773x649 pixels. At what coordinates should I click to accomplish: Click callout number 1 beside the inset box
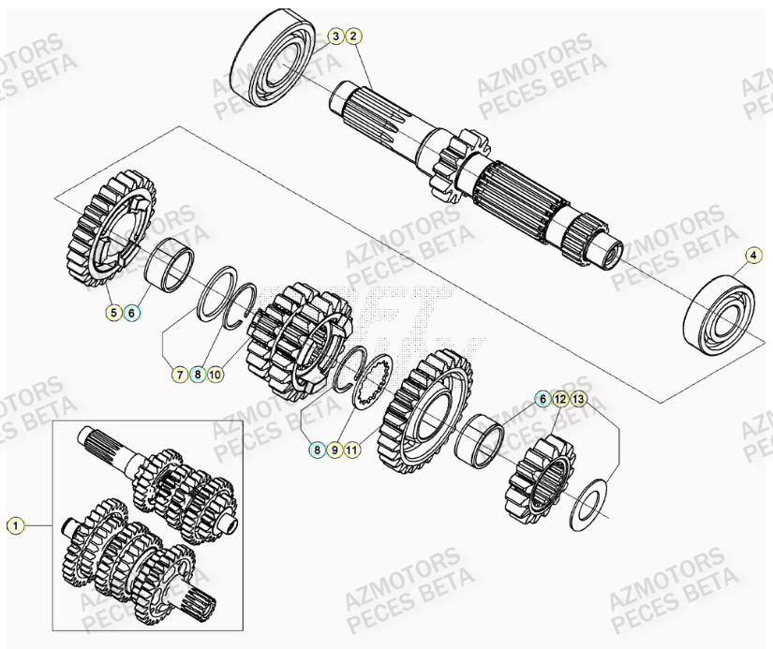14,525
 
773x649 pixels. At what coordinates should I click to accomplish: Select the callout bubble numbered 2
352,37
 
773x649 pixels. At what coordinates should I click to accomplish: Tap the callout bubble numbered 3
335,37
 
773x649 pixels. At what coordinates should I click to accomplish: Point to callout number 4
753,254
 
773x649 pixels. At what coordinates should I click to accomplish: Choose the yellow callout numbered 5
113,313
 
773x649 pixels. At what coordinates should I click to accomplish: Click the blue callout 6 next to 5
131,313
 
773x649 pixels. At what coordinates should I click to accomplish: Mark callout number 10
215,375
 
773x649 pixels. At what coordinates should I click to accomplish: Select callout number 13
578,399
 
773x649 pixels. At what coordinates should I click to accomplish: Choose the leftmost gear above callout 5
111,227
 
